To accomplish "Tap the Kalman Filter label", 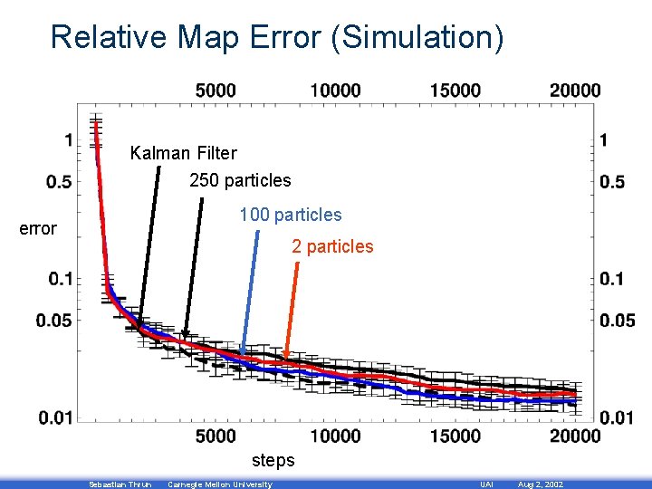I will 183,153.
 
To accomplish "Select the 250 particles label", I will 240,180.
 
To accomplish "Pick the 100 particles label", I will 290,215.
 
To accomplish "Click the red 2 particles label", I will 331,246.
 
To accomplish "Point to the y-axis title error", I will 38,228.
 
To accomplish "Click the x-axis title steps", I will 273,460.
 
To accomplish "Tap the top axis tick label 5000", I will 216,90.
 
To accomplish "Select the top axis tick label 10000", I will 335,90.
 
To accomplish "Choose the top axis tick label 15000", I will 455,90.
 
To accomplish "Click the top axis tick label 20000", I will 574,90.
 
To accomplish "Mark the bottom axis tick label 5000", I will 216,436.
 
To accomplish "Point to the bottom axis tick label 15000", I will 455,436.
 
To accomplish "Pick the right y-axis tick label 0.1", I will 611,278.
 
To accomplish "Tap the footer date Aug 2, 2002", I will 540,484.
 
